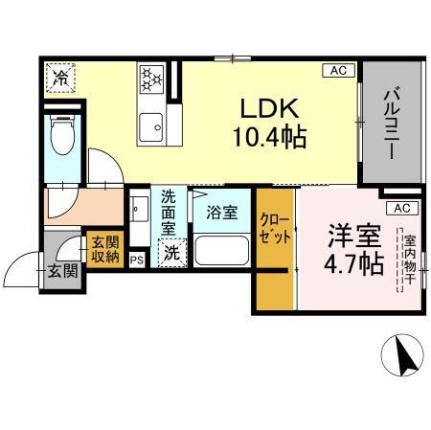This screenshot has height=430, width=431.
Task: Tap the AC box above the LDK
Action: [x=338, y=70]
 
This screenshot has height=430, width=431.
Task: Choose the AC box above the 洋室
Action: [x=401, y=208]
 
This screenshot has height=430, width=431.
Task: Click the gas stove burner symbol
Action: [x=152, y=79]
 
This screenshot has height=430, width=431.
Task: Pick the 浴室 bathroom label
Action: [x=222, y=214]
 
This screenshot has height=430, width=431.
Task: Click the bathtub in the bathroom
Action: [x=221, y=251]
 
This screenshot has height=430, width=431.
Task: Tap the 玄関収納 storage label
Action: [x=104, y=250]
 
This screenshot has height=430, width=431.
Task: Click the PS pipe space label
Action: [x=136, y=258]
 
